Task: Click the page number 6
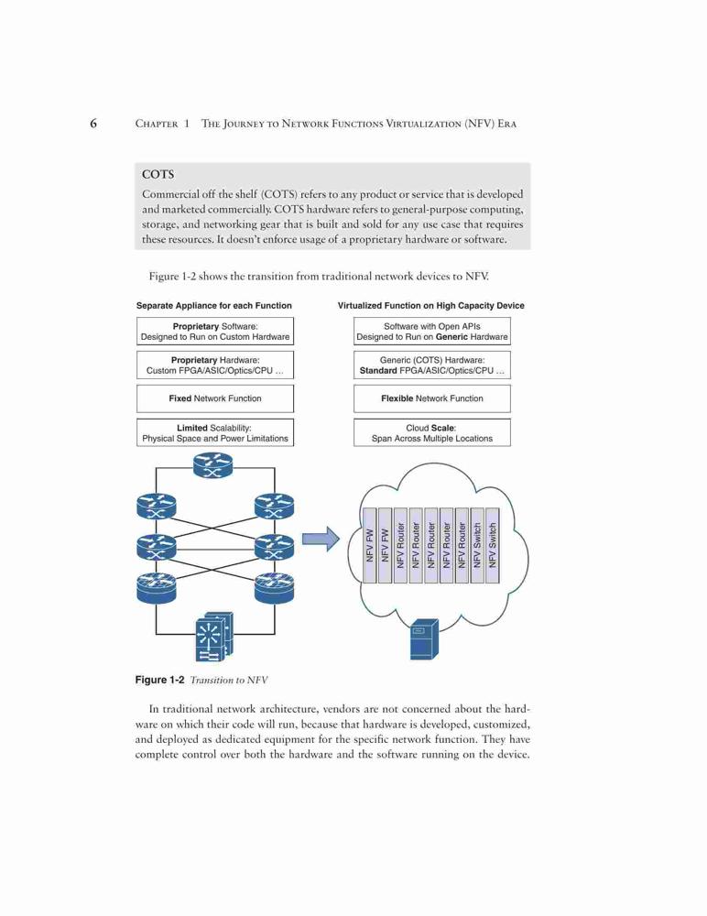coord(93,124)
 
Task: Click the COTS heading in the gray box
coord(158,174)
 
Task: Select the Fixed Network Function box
coord(215,398)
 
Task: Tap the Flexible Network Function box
coord(431,398)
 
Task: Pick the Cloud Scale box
coord(431,433)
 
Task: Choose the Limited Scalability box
coord(215,433)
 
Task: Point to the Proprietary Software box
coord(215,332)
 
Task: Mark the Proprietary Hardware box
coord(215,365)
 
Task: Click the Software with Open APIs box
coord(431,332)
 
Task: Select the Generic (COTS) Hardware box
coord(431,365)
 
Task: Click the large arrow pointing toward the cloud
coord(321,539)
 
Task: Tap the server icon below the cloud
coord(424,639)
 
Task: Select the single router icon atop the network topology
coord(212,465)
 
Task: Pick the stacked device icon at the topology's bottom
coord(214,638)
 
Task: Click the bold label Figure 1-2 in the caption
coord(159,680)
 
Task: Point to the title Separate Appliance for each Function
coord(214,306)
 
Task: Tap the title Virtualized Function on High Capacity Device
coord(431,306)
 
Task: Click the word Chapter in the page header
coord(157,124)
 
